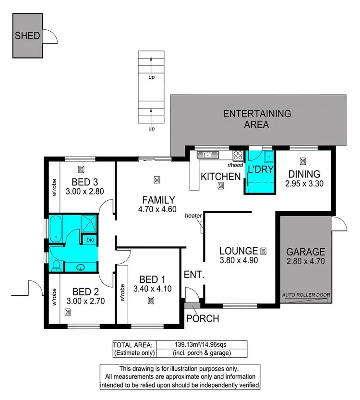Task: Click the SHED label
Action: point(27,36)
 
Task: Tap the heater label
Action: point(192,216)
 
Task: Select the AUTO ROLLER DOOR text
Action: point(306,295)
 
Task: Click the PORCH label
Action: point(203,318)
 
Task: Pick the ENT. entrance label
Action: point(194,275)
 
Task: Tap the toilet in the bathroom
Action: point(56,265)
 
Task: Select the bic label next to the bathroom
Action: point(89,239)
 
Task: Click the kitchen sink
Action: point(208,155)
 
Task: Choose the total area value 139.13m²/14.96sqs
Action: point(201,344)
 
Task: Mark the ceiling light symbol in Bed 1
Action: point(151,300)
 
